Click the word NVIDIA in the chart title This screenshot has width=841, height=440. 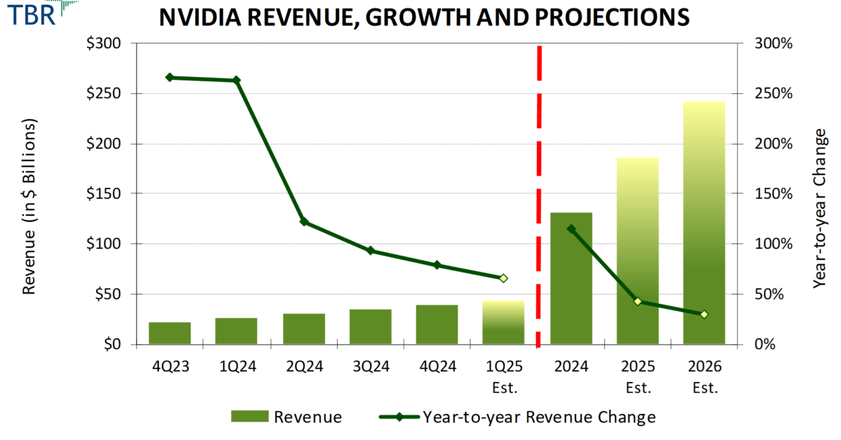click(203, 18)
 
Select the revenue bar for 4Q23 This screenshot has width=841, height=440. click(170, 334)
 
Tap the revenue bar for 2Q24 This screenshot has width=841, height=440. click(303, 329)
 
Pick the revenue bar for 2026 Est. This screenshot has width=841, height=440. click(704, 224)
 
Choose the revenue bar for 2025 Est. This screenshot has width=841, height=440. click(638, 252)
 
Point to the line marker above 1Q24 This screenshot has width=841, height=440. click(236, 81)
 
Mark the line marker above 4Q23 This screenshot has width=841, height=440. click(170, 77)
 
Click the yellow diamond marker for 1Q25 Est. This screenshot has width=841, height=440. click(503, 278)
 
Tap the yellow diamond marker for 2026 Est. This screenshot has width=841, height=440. click(704, 314)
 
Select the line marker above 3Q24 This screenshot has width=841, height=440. click(370, 251)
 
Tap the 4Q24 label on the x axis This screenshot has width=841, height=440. click(437, 366)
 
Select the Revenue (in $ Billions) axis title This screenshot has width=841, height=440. click(29, 206)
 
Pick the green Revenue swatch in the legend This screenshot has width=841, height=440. click(249, 417)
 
